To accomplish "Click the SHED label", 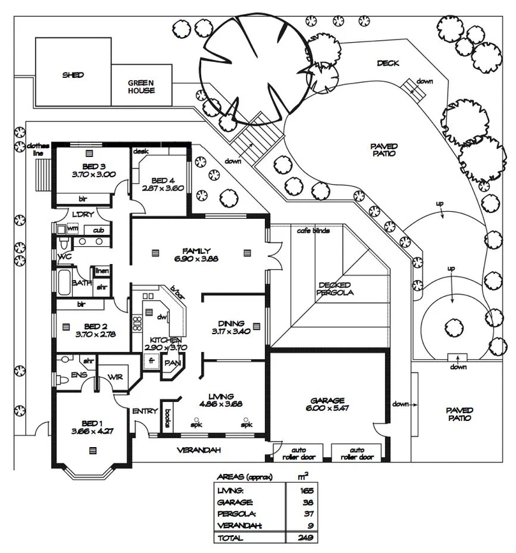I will pos(73,75).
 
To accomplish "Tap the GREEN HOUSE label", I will pos(141,87).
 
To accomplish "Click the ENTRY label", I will pos(145,411).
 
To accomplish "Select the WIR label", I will pos(116,377).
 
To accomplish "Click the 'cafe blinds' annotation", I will pos(314,230).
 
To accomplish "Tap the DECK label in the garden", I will pos(388,63).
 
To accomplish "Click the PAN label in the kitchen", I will pos(171,363).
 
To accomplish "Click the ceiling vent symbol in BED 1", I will pos(94,450).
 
